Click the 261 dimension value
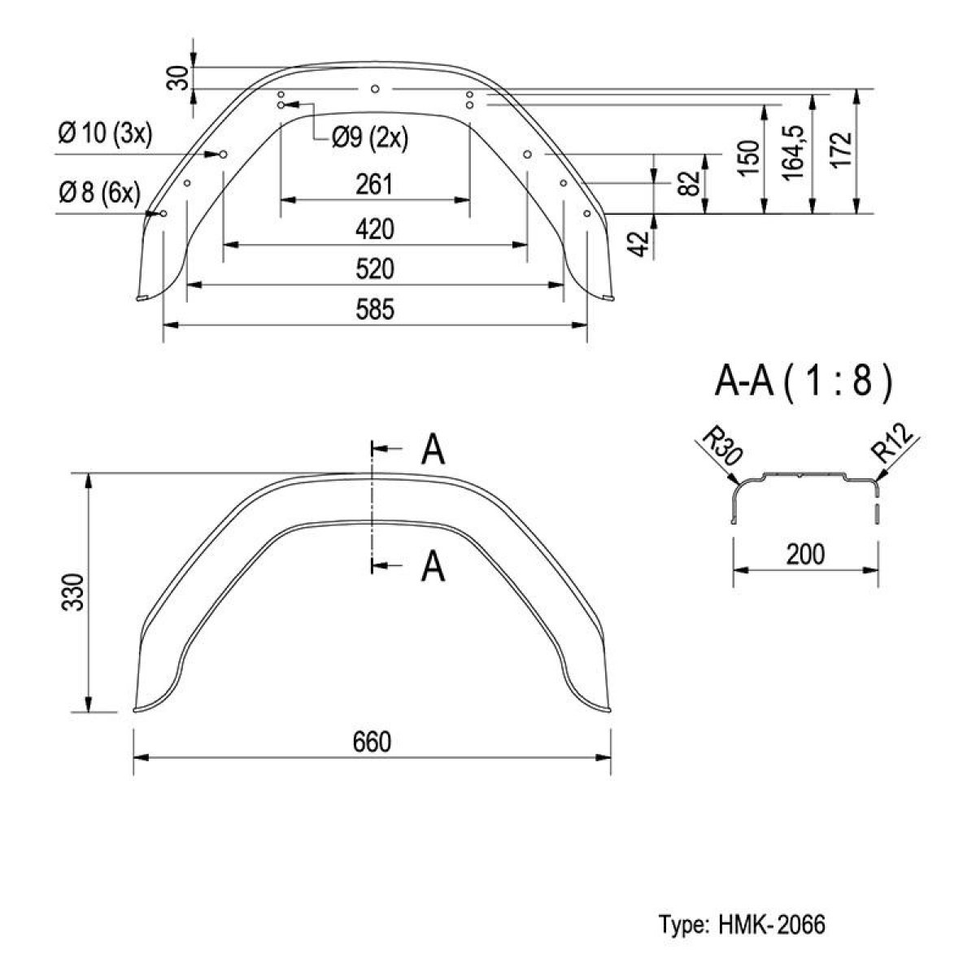point(374,185)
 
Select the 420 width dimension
point(375,229)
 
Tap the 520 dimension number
point(375,269)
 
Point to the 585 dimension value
point(375,309)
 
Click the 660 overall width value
point(373,742)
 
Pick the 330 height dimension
point(72,592)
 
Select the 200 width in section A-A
point(806,554)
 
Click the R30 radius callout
point(720,447)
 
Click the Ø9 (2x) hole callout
point(370,137)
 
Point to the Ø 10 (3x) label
point(105,134)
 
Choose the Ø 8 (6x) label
point(99,193)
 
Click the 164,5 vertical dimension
point(794,152)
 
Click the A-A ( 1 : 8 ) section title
point(804,382)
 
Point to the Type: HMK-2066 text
point(742,924)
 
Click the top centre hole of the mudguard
point(375,89)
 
